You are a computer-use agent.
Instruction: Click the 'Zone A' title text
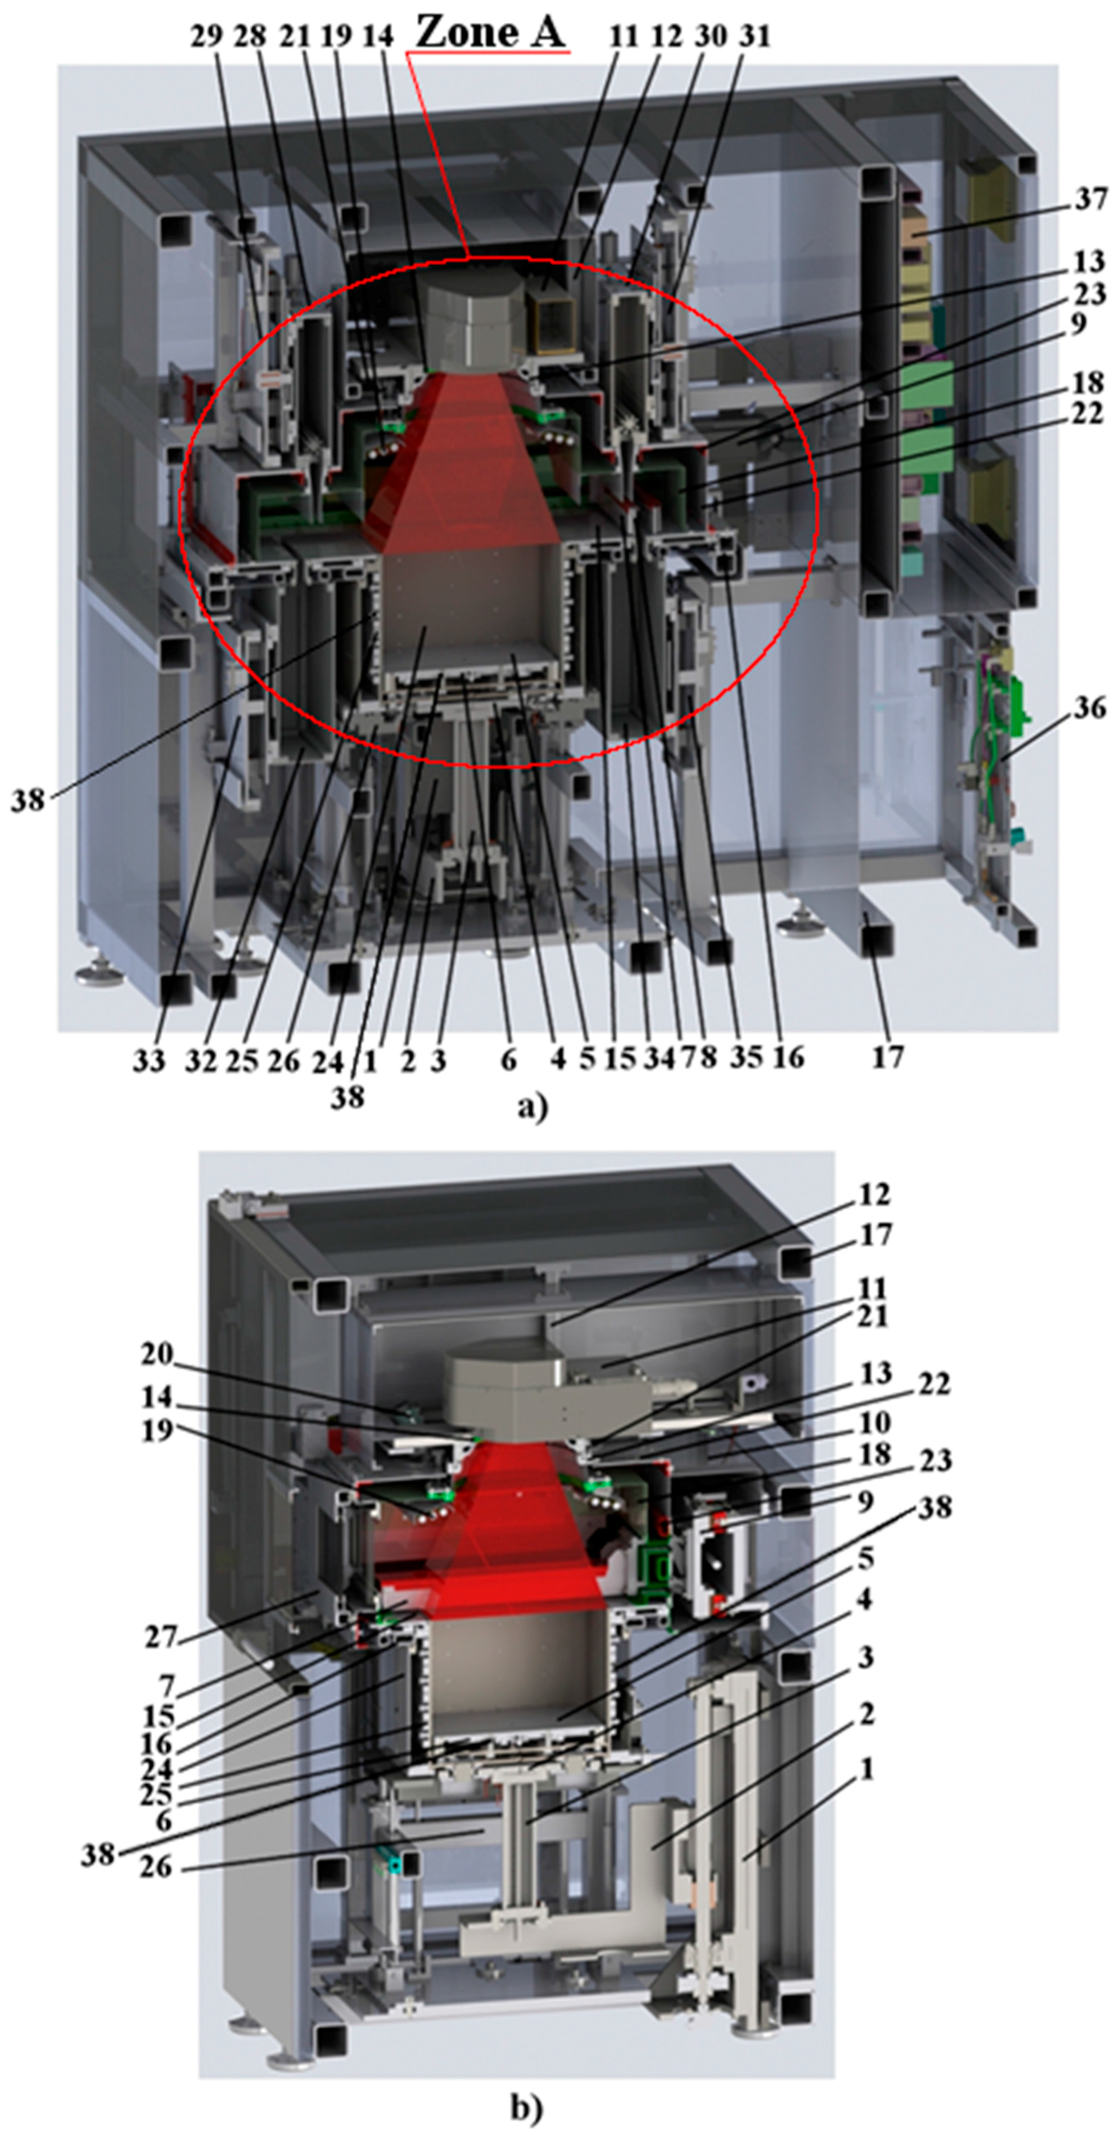tap(490, 34)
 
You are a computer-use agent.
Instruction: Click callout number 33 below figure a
tap(149, 1061)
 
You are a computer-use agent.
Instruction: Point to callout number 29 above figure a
tap(206, 37)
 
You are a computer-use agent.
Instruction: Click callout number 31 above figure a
tap(755, 37)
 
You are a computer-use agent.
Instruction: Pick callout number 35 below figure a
tap(746, 1057)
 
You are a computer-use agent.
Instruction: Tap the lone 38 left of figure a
tap(26, 801)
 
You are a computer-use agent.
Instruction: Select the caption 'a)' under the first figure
tap(532, 1106)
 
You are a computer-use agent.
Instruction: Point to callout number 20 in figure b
tap(156, 1355)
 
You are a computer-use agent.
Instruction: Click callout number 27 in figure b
tap(161, 1636)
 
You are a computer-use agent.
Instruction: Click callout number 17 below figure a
tap(887, 1057)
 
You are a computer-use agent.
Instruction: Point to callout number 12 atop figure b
tap(874, 1195)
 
